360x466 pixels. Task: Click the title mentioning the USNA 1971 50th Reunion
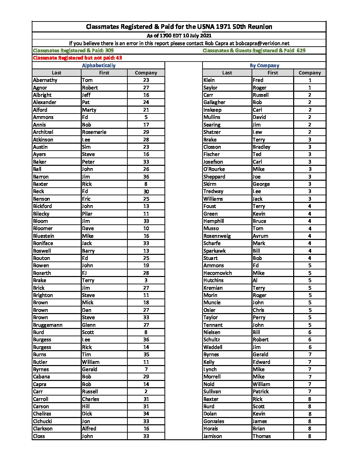pos(179,27)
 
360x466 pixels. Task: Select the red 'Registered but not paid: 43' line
pos(77,58)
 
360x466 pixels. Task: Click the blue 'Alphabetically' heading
pos(99,66)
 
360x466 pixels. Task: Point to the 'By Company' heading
pos(264,66)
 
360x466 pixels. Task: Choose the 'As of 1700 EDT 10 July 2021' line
pos(179,36)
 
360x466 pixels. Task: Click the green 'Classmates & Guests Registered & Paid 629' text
pos(254,51)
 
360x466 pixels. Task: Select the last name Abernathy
pos(45,80)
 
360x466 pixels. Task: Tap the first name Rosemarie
pos(94,132)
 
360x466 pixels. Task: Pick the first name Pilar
pos(87,214)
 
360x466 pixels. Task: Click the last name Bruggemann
pos(48,325)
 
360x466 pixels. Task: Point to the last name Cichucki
pos(42,421)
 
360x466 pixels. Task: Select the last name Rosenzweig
pos(217,236)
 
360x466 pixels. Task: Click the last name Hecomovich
pos(217,273)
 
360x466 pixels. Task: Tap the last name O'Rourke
pos(214,169)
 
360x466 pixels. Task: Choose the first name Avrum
pos(260,236)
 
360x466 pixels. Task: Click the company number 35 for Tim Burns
pos(146,354)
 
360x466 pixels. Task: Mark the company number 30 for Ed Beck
pos(146,192)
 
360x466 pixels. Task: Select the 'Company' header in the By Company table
pos(310,73)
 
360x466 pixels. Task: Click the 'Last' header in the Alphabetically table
pos(57,73)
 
